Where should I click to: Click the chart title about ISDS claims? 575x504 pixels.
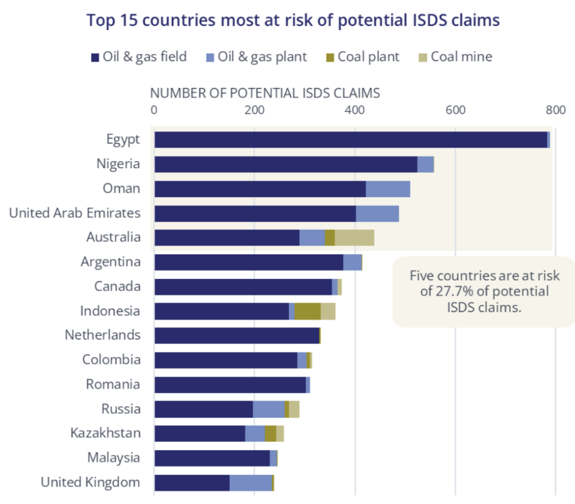[293, 21]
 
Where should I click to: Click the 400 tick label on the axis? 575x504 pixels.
[354, 110]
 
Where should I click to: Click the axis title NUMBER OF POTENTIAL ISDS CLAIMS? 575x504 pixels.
[265, 93]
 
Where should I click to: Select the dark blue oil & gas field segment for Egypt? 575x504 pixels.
[350, 140]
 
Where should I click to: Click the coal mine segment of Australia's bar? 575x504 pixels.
[354, 238]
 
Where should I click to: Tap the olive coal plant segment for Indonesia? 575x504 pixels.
[307, 311]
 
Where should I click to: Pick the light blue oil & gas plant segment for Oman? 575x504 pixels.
[387, 189]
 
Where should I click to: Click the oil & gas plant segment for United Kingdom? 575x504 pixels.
[250, 483]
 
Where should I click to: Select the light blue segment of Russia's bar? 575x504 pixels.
[268, 409]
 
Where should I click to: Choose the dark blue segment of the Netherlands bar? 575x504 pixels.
[236, 336]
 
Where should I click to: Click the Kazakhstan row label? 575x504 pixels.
[106, 433]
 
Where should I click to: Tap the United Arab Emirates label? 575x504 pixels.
[75, 213]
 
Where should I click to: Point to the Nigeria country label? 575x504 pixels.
[118, 164]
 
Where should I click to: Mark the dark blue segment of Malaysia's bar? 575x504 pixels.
[212, 458]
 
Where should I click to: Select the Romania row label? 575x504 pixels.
[113, 384]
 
